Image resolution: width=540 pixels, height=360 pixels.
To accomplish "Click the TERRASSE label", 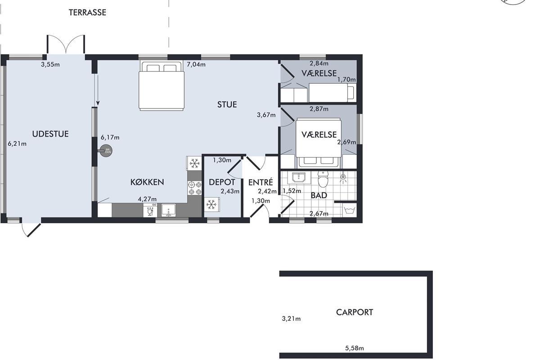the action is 87,13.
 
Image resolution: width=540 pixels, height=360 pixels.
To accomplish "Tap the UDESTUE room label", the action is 50,134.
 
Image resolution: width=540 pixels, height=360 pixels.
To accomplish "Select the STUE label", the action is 227,104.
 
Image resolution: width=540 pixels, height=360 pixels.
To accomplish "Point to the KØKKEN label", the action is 147,182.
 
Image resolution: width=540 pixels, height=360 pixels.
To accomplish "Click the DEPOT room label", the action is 222,182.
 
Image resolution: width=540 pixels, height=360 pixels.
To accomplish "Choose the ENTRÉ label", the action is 261,182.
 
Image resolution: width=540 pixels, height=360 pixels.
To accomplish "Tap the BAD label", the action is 319,195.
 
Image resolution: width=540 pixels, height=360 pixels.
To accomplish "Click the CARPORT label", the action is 355,312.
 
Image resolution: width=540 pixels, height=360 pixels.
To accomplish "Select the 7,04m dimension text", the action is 196,64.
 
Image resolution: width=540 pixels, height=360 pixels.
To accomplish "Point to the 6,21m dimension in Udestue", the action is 17,144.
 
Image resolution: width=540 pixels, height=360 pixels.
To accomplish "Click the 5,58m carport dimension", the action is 355,348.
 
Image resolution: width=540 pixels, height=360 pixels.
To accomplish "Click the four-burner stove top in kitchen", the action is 195,188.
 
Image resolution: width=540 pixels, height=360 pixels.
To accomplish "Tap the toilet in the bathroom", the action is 323,180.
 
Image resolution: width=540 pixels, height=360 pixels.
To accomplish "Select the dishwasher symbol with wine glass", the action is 150,210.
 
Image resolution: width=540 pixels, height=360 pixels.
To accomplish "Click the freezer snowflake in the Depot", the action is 211,204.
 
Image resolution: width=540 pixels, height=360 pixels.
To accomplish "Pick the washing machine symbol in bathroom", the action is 350,210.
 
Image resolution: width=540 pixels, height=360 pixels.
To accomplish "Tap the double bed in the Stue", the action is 162,85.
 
